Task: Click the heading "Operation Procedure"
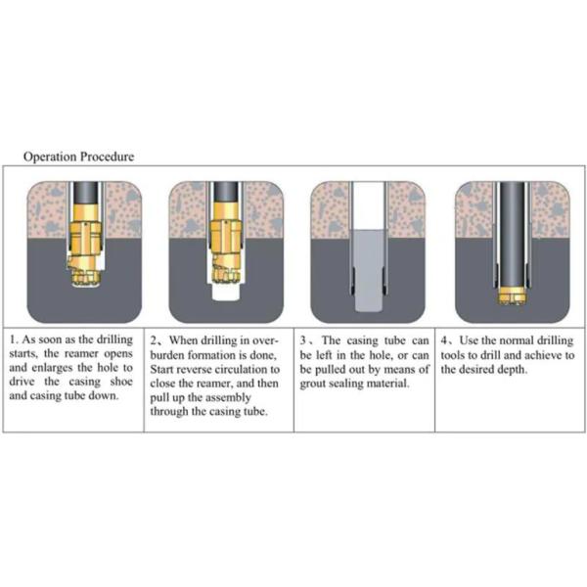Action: coord(78,157)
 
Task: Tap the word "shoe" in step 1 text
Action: coord(121,382)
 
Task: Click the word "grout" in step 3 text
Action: coord(312,384)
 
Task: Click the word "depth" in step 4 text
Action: coord(512,370)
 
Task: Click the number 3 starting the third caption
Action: coord(303,340)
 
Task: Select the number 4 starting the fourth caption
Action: coord(444,340)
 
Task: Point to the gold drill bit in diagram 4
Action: coord(513,295)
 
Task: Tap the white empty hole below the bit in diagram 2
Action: coord(225,292)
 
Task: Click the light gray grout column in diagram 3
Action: coord(369,270)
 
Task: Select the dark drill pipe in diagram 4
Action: coord(513,235)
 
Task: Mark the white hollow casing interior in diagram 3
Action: coord(369,205)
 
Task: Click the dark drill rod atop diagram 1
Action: coord(85,193)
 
